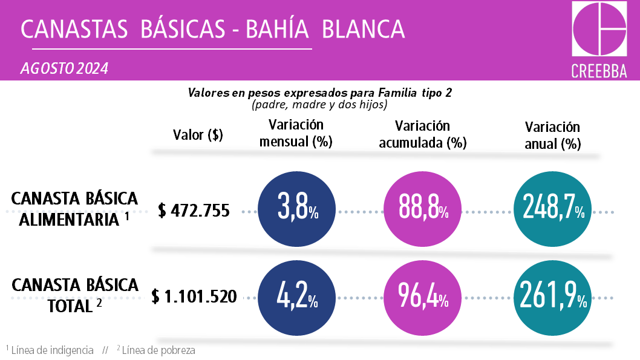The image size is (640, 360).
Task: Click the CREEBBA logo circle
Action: coord(599,29)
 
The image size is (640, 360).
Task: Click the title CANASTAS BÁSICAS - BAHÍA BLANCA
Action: coord(212,28)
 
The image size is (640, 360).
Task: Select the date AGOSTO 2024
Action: coord(64,68)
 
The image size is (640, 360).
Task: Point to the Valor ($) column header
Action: coord(198,135)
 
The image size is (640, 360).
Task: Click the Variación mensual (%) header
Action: coord(296,134)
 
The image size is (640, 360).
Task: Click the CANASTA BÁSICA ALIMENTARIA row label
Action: coord(74,209)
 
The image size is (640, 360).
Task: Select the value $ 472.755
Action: coord(194,211)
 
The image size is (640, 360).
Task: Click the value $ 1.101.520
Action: coord(194,297)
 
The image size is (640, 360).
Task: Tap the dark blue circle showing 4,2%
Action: coord(296,297)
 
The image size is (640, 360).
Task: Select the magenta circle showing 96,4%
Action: coord(423,297)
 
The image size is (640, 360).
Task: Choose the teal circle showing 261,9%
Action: coord(551,297)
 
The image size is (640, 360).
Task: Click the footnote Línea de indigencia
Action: coord(52,350)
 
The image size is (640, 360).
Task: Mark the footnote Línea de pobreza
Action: coord(158,350)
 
